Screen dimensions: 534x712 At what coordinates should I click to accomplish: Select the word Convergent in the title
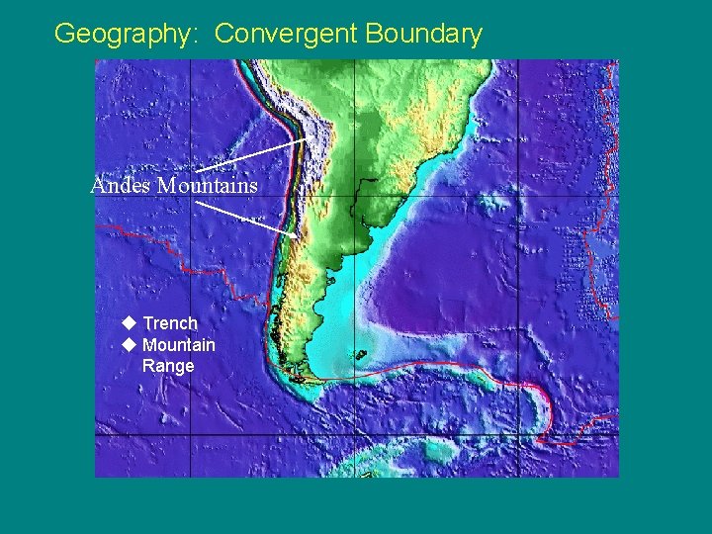[287, 34]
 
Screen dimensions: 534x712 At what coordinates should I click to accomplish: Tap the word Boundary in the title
[423, 35]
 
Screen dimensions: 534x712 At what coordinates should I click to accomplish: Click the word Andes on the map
[121, 186]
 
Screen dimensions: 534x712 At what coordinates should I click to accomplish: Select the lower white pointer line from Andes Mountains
[247, 219]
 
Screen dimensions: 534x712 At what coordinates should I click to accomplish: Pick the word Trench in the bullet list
[170, 323]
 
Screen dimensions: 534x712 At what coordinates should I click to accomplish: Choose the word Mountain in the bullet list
[179, 345]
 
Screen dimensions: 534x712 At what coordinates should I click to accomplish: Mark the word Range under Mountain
[168, 366]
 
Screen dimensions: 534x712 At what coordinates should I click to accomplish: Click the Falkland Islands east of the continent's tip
[360, 354]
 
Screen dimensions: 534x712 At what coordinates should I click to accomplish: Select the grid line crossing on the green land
[354, 196]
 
